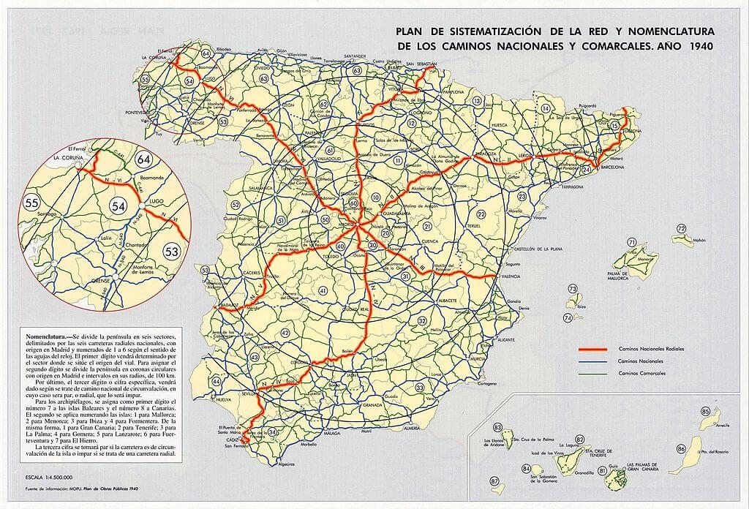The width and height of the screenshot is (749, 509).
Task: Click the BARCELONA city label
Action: [x=611, y=167]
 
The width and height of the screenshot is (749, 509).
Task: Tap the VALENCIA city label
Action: [x=511, y=276]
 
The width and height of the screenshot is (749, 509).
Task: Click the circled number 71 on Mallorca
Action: [x=631, y=242]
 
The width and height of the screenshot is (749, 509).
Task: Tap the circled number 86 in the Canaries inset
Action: [x=682, y=448]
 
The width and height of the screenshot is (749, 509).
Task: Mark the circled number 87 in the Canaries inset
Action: [x=494, y=481]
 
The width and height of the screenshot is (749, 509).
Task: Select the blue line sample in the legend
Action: [x=592, y=362]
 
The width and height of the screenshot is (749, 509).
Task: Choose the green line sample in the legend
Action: [x=592, y=374]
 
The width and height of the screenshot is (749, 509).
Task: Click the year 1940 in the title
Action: [x=698, y=45]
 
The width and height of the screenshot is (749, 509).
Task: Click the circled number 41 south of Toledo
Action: [x=323, y=291]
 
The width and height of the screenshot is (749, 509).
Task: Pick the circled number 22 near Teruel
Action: [x=481, y=214]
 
